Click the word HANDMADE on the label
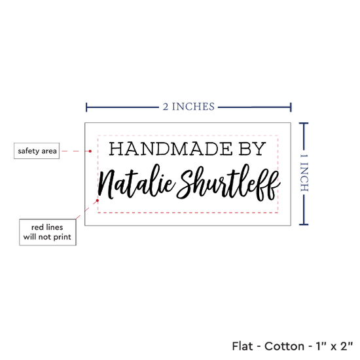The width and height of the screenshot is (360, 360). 171,149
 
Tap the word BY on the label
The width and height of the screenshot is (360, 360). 252,149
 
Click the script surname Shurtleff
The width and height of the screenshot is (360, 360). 228,183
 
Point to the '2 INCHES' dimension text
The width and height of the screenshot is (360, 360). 189,107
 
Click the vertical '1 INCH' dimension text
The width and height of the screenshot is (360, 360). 304,173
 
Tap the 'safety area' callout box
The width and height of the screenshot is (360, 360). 37,151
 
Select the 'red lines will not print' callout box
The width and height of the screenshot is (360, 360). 48,232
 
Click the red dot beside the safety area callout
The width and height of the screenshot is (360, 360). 90,151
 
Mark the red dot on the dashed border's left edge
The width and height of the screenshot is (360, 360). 98,200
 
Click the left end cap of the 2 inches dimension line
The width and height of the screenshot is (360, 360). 86,107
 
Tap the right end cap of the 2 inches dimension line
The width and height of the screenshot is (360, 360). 291,107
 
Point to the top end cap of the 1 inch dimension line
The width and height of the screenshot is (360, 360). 304,124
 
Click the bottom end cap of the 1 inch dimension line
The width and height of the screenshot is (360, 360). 304,225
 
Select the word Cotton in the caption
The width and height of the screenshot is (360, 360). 285,346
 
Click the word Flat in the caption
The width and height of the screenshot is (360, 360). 242,346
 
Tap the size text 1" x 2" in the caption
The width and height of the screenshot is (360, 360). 334,346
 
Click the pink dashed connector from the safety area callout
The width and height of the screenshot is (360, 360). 75,151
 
